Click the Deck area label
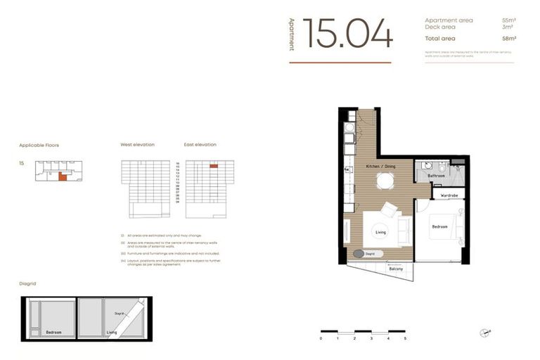tap(439, 27)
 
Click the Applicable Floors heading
tap(39, 145)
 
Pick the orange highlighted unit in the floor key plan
tap(63, 177)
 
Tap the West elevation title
tap(137, 145)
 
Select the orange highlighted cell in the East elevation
tap(213, 166)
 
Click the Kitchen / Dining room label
tap(380, 166)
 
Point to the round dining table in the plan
tap(384, 181)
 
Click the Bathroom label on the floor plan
tap(436, 176)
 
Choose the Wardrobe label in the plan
tap(449, 195)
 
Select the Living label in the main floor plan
tap(380, 231)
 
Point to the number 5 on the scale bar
tap(405, 338)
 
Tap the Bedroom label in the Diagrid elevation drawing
tap(53, 332)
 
